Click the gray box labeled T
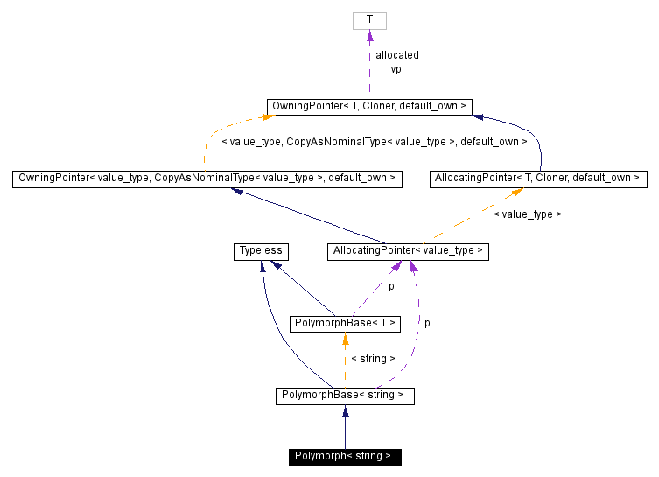(x=369, y=20)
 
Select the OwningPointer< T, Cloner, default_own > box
(x=369, y=107)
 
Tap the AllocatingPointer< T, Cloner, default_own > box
(x=537, y=179)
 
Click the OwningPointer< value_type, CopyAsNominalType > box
(x=207, y=179)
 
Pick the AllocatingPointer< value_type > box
(x=407, y=251)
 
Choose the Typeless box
(x=261, y=251)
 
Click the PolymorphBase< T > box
(x=345, y=324)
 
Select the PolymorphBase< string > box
(x=345, y=396)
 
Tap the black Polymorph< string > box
(x=345, y=456)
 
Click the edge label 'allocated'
(x=397, y=55)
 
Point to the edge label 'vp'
(x=396, y=68)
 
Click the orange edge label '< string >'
(x=373, y=359)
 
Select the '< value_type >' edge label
(x=528, y=214)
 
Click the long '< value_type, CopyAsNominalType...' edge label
(x=375, y=141)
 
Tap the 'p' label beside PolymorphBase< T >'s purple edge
(x=391, y=286)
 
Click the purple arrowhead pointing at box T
(x=369, y=36)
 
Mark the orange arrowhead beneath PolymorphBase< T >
(x=345, y=339)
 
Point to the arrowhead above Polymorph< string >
(x=345, y=411)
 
